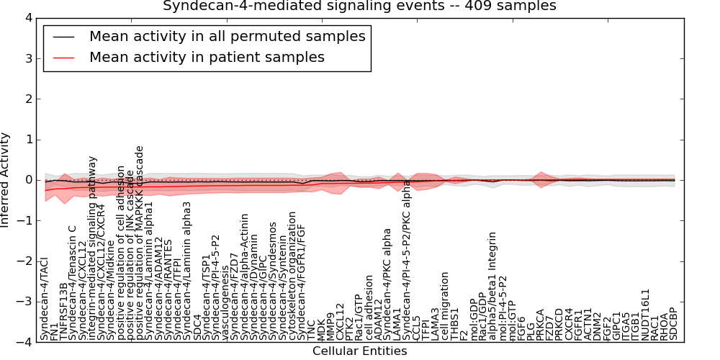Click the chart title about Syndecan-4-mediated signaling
(x=359, y=6)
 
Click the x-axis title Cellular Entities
(x=359, y=351)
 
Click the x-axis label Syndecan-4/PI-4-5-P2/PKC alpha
(x=407, y=260)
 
